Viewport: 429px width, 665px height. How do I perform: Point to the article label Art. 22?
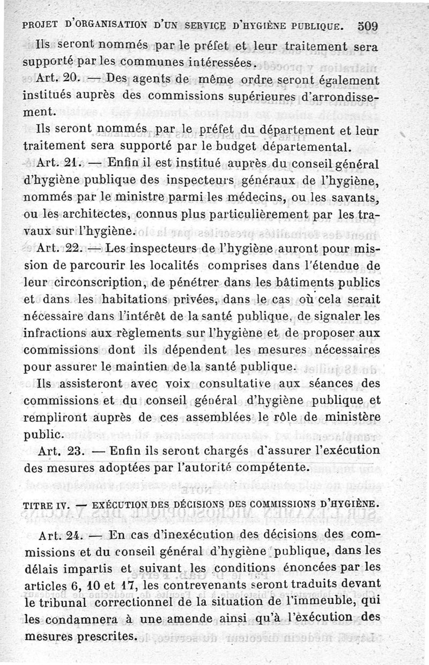60,249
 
